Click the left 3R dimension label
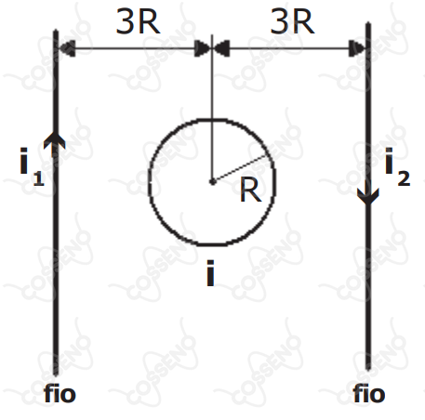coord(139,21)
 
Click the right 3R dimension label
coord(292,21)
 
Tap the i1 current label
coord(32,166)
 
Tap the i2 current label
coord(397,166)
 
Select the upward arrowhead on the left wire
coord(55,141)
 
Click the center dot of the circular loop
coord(212,182)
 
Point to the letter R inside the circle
coord(250,190)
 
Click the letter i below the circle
coord(210,273)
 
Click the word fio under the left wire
coord(60,393)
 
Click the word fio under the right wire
coord(369,393)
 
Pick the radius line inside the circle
coord(239,169)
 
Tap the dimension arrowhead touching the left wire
coord(66,48)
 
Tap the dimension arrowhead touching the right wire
coord(357,48)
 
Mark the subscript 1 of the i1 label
coord(39,179)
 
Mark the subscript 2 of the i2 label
coord(404,179)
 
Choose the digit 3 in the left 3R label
coord(124,21)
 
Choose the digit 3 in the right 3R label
coord(278,21)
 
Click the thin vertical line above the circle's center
coord(212,108)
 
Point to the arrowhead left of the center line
coord(203,48)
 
